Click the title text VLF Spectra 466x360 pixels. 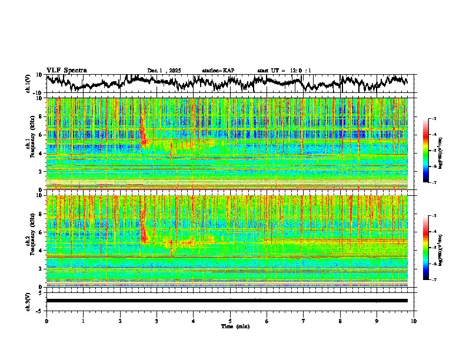click(66, 70)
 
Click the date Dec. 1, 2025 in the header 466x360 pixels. click(164, 71)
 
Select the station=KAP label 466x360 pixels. click(218, 71)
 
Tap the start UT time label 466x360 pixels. click(284, 71)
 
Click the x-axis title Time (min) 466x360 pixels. click(235, 326)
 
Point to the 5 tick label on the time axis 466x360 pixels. click(230, 321)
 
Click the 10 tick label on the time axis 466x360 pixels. click(414, 321)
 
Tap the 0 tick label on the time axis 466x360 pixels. click(46, 321)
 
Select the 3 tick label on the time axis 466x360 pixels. click(157, 321)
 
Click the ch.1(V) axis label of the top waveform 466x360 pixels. click(28, 84)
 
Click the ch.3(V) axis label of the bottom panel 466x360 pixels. click(28, 300)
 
